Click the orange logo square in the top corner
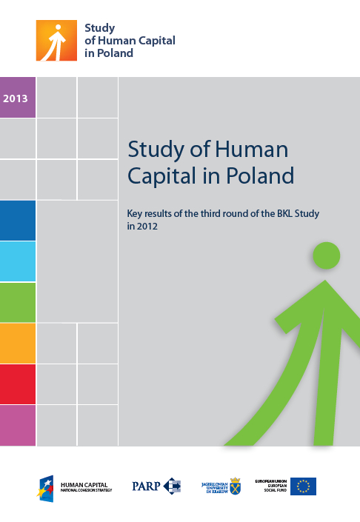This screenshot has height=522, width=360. [x=56, y=40]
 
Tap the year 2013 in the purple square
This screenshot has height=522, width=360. [x=16, y=98]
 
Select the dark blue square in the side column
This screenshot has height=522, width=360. [x=18, y=220]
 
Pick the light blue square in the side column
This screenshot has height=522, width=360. [x=18, y=261]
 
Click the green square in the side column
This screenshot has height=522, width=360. [x=18, y=302]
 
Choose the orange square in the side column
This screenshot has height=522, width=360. [x=18, y=344]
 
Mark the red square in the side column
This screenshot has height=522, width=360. [x=18, y=384]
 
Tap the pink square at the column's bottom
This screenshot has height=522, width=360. [x=18, y=425]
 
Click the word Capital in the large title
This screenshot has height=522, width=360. [x=159, y=176]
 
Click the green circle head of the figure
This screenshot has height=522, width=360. [x=326, y=255]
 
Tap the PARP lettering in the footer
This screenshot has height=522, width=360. [x=147, y=486]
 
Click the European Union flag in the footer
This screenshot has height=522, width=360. [x=304, y=486]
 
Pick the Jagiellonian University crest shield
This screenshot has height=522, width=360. [x=235, y=486]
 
